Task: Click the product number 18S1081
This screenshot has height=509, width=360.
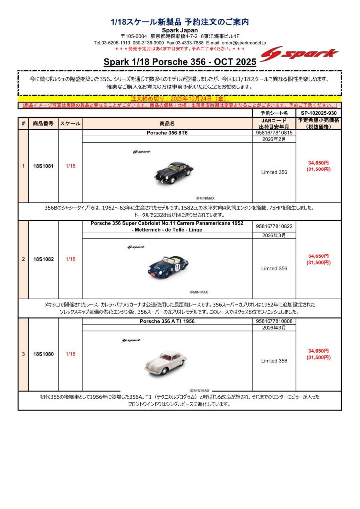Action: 43,166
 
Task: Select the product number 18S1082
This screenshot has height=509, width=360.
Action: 43,259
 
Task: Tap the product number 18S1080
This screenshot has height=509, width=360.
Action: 43,354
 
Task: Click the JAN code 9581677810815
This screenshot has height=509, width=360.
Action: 273,133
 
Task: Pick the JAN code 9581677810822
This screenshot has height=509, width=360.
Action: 273,226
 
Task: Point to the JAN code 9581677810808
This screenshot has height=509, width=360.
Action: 273,321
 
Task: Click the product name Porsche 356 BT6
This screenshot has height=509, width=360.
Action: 167,133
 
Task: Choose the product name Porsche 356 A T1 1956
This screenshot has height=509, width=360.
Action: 167,321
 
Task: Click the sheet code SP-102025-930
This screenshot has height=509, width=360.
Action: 318,113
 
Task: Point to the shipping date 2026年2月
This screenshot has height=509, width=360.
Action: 273,140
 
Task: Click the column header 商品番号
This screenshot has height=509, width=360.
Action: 43,123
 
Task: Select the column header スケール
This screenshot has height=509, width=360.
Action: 70,123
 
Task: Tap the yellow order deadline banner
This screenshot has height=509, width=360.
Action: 180,99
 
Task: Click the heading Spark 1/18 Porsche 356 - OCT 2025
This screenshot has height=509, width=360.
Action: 180,62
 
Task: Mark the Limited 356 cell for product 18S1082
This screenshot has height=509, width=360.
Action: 274,268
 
